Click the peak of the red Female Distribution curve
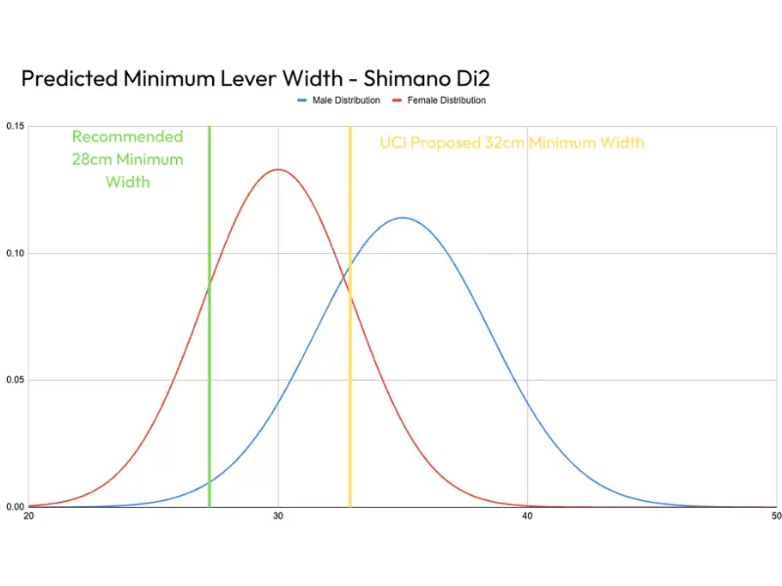(x=279, y=169)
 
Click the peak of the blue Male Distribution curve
(x=403, y=217)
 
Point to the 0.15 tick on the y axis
(x=15, y=127)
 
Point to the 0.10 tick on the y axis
(x=15, y=254)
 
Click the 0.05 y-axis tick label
(x=15, y=380)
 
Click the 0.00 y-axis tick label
(x=15, y=507)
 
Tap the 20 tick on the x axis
(x=28, y=516)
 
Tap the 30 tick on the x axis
(x=279, y=516)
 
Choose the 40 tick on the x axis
(x=528, y=516)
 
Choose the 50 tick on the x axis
(x=775, y=516)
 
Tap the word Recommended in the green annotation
(x=127, y=137)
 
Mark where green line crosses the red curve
(x=209, y=284)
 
